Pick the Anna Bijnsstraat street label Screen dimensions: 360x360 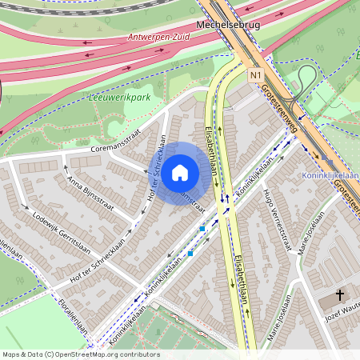click(90, 192)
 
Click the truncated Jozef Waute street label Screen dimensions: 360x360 click(342, 314)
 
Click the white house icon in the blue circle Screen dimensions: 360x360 click(180, 172)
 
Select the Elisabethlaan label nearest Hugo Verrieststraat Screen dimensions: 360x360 click(242, 271)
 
